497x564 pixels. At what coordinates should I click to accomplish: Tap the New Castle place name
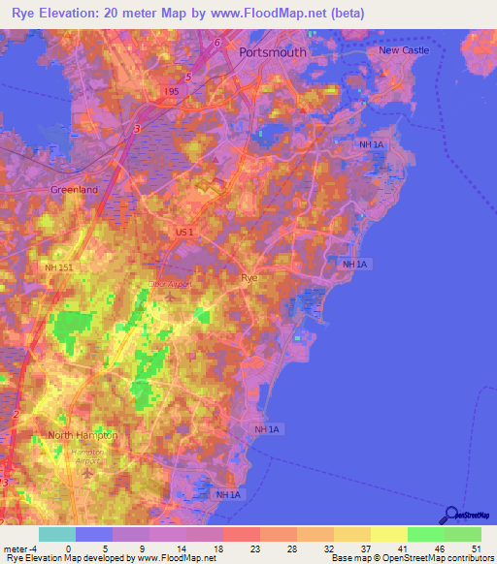pos(403,50)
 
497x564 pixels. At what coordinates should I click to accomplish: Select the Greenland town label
pos(75,190)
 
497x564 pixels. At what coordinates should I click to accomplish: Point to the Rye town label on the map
pos(249,277)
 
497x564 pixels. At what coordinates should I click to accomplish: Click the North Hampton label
pos(83,435)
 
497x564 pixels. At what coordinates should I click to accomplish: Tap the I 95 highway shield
pos(172,91)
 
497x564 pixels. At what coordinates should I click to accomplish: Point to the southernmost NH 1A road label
pos(228,495)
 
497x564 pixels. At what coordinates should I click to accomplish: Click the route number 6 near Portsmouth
pos(217,43)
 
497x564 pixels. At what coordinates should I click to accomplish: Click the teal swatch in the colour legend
pos(56,534)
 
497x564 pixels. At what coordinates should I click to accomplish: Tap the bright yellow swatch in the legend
pos(389,534)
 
